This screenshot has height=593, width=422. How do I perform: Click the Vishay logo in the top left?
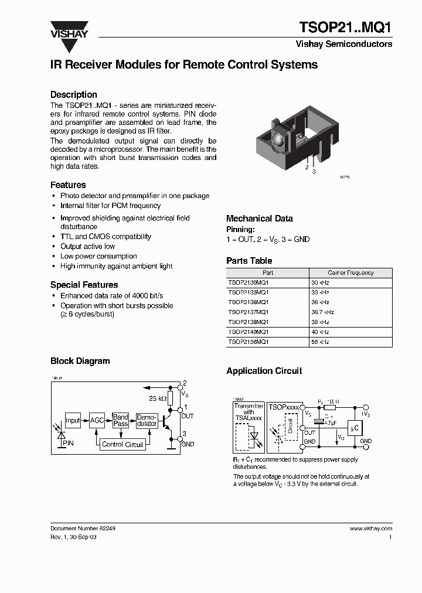69,29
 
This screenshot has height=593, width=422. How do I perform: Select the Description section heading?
73,94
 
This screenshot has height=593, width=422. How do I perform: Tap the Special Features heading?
84,285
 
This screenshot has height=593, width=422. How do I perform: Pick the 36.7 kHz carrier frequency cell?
323,312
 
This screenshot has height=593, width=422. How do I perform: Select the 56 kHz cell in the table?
321,342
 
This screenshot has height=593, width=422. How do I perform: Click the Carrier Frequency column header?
350,273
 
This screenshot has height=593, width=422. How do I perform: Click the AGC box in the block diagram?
97,420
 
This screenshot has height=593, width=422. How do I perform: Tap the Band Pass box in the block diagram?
121,420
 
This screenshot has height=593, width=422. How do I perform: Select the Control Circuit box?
122,445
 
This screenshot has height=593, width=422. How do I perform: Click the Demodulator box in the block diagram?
147,420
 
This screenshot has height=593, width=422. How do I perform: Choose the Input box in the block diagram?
73,420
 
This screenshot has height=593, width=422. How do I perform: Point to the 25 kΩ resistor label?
158,398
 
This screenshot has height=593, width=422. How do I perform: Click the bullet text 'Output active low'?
87,247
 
